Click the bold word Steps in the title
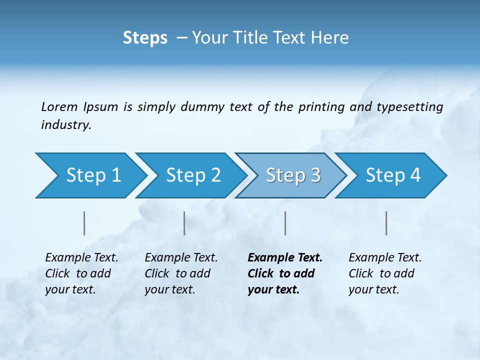coord(145,37)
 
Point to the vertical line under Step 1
coord(84,223)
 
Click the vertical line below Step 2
coord(184,223)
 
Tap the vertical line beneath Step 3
coord(285,223)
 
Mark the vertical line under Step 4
coord(386,223)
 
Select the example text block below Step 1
coord(81,273)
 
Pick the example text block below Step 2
coord(181,273)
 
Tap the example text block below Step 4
coord(385,273)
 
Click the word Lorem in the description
coord(59,106)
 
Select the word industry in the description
coord(66,124)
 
